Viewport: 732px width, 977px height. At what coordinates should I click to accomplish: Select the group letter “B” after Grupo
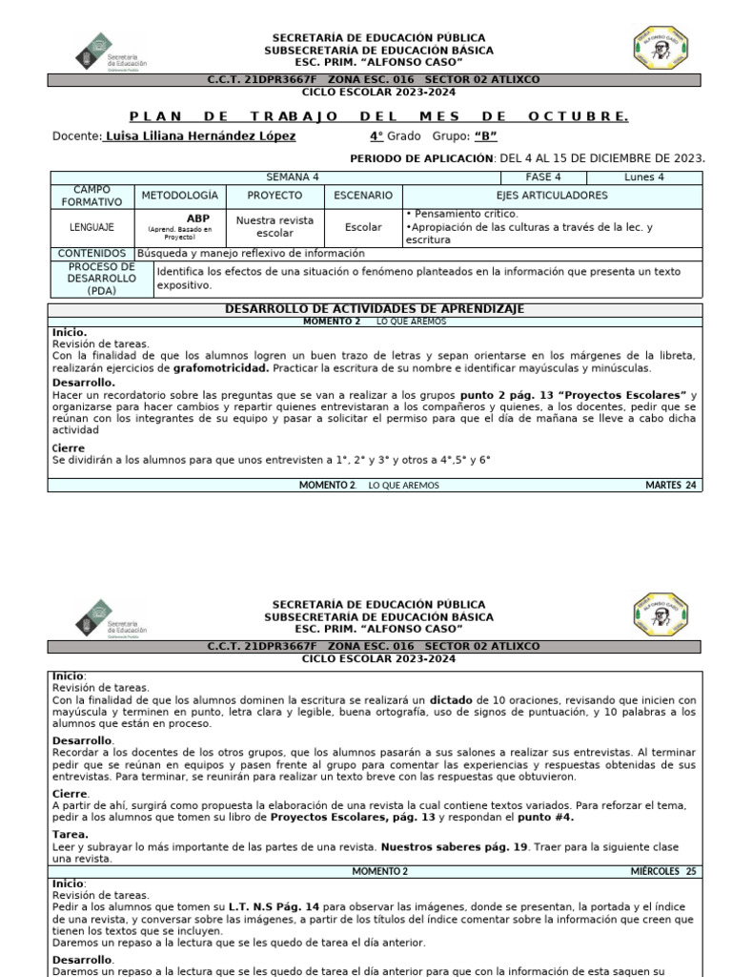486,136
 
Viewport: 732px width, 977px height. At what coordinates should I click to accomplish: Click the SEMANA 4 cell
293,177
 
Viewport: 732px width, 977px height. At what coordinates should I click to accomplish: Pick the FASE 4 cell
543,177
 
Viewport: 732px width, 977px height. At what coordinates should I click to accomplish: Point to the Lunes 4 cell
644,177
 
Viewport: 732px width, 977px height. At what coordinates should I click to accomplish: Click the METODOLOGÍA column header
180,196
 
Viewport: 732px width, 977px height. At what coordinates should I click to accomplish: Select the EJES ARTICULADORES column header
553,196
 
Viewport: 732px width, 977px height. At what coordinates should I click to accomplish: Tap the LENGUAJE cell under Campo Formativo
91,228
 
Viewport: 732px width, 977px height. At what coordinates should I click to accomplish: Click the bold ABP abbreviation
198,218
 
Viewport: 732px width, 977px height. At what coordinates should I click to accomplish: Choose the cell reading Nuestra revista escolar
274,227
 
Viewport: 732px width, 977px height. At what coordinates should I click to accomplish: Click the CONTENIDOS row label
91,254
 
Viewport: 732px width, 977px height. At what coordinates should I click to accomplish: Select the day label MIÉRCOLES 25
663,871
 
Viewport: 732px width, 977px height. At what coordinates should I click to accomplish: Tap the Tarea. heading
70,834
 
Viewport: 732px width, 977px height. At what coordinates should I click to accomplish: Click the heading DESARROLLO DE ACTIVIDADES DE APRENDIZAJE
374,310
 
